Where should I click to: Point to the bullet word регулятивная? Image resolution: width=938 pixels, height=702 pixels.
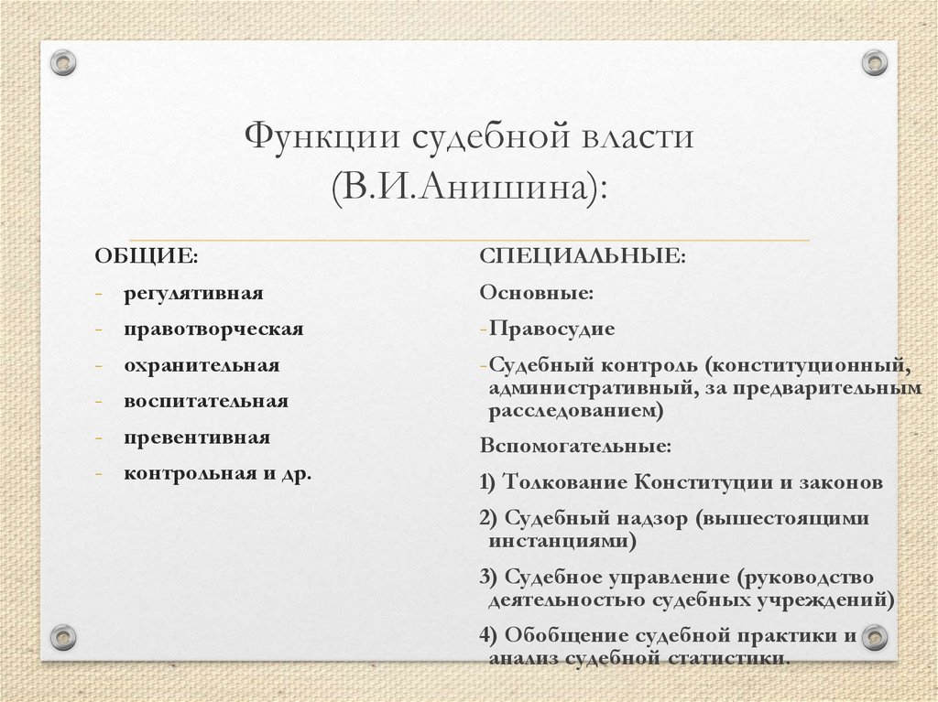click(x=194, y=293)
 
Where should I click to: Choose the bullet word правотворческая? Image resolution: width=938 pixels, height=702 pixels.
click(x=214, y=329)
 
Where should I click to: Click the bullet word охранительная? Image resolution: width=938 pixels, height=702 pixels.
click(x=202, y=365)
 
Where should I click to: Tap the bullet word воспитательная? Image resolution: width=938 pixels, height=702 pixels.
click(x=207, y=401)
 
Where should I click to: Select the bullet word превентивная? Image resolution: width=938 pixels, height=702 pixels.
click(x=198, y=437)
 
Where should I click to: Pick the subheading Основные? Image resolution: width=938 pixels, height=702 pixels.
click(x=536, y=293)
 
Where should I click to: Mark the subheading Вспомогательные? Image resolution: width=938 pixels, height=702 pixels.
click(x=575, y=448)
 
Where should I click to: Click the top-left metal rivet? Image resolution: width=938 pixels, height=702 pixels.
click(x=62, y=62)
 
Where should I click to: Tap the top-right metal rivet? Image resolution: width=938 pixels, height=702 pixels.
click(x=876, y=62)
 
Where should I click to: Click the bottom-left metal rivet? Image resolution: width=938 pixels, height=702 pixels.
click(x=62, y=636)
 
